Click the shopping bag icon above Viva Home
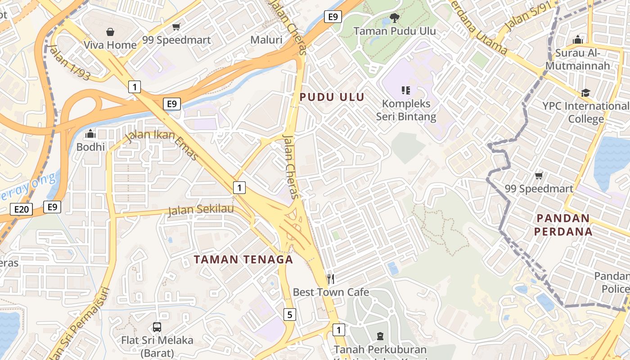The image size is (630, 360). (x=110, y=32)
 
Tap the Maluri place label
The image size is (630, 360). (x=266, y=40)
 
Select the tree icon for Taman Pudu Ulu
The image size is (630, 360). (x=394, y=18)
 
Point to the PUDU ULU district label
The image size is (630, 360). (x=332, y=97)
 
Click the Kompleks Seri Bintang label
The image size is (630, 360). (x=406, y=110)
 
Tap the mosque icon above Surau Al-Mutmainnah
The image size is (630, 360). (x=578, y=40)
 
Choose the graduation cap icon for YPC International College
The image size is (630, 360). (x=585, y=93)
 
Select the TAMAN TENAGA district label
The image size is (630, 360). (x=243, y=259)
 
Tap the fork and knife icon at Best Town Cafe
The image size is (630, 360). (x=331, y=279)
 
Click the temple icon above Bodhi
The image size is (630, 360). (x=90, y=134)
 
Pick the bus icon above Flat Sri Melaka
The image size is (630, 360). (x=157, y=327)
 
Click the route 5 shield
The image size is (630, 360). (x=290, y=315)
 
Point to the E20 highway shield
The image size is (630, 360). (x=21, y=209)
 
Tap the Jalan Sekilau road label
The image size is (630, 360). (x=201, y=210)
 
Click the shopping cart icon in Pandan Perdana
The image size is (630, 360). (x=539, y=175)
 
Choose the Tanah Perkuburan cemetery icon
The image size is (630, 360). (x=380, y=336)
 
